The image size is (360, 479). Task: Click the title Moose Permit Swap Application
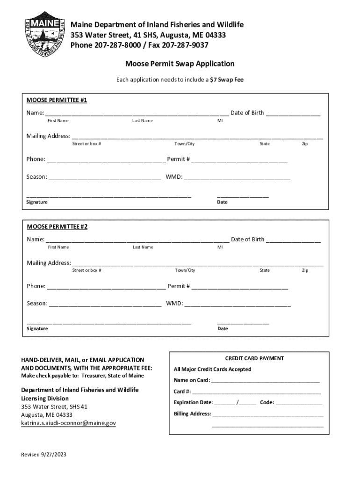click(180, 64)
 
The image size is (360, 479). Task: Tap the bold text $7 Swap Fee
click(227, 80)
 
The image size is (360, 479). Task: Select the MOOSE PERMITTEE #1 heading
click(57, 100)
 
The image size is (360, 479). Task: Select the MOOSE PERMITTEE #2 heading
click(57, 227)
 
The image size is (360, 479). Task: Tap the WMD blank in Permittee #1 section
click(237, 178)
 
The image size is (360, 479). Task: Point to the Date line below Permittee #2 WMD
click(243, 322)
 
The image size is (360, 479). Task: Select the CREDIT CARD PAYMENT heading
click(254, 358)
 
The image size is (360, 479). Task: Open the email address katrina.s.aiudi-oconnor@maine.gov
click(68, 423)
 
